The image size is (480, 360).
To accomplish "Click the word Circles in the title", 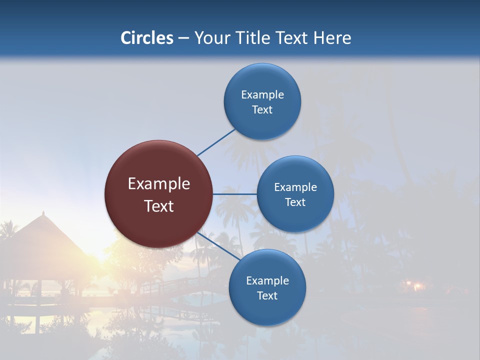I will (146, 38).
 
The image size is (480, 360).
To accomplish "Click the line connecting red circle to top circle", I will (216, 142).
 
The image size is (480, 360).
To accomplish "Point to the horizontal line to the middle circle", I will (234, 194).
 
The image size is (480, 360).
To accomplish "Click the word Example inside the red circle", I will (159, 184).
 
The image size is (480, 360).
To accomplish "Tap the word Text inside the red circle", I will (159, 206).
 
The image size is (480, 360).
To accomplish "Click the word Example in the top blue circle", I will (262, 94).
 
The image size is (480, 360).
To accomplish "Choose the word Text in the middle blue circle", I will (295, 202).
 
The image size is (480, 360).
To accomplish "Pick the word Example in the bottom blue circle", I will (267, 280).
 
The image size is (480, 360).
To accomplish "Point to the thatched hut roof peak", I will (43, 213).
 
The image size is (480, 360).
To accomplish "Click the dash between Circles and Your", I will (183, 38).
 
